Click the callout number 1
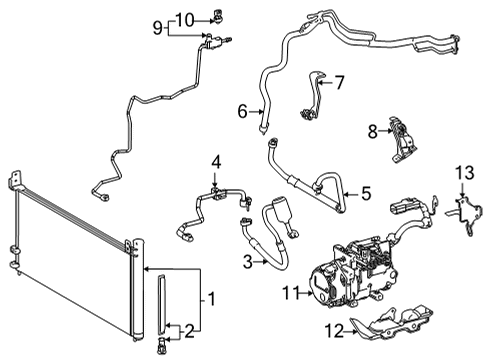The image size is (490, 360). point(210,298)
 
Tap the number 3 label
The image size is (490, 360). point(246,262)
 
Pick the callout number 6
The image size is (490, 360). point(242,113)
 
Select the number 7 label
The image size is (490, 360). point(338,82)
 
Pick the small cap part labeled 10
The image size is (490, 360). point(214,16)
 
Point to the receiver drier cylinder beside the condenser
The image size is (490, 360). point(157,310)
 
